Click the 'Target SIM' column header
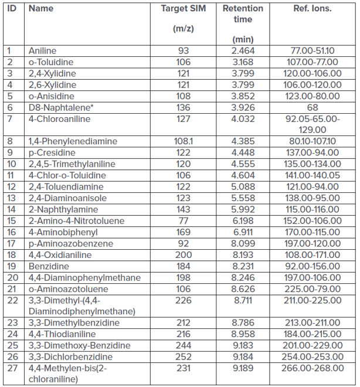coord(183,9)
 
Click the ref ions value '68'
coord(312,108)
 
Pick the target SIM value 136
coord(183,108)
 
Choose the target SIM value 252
coord(183,357)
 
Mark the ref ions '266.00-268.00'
coord(312,368)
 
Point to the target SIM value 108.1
coord(183,141)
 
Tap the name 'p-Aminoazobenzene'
coord(66,243)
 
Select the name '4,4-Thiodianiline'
coord(62,334)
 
